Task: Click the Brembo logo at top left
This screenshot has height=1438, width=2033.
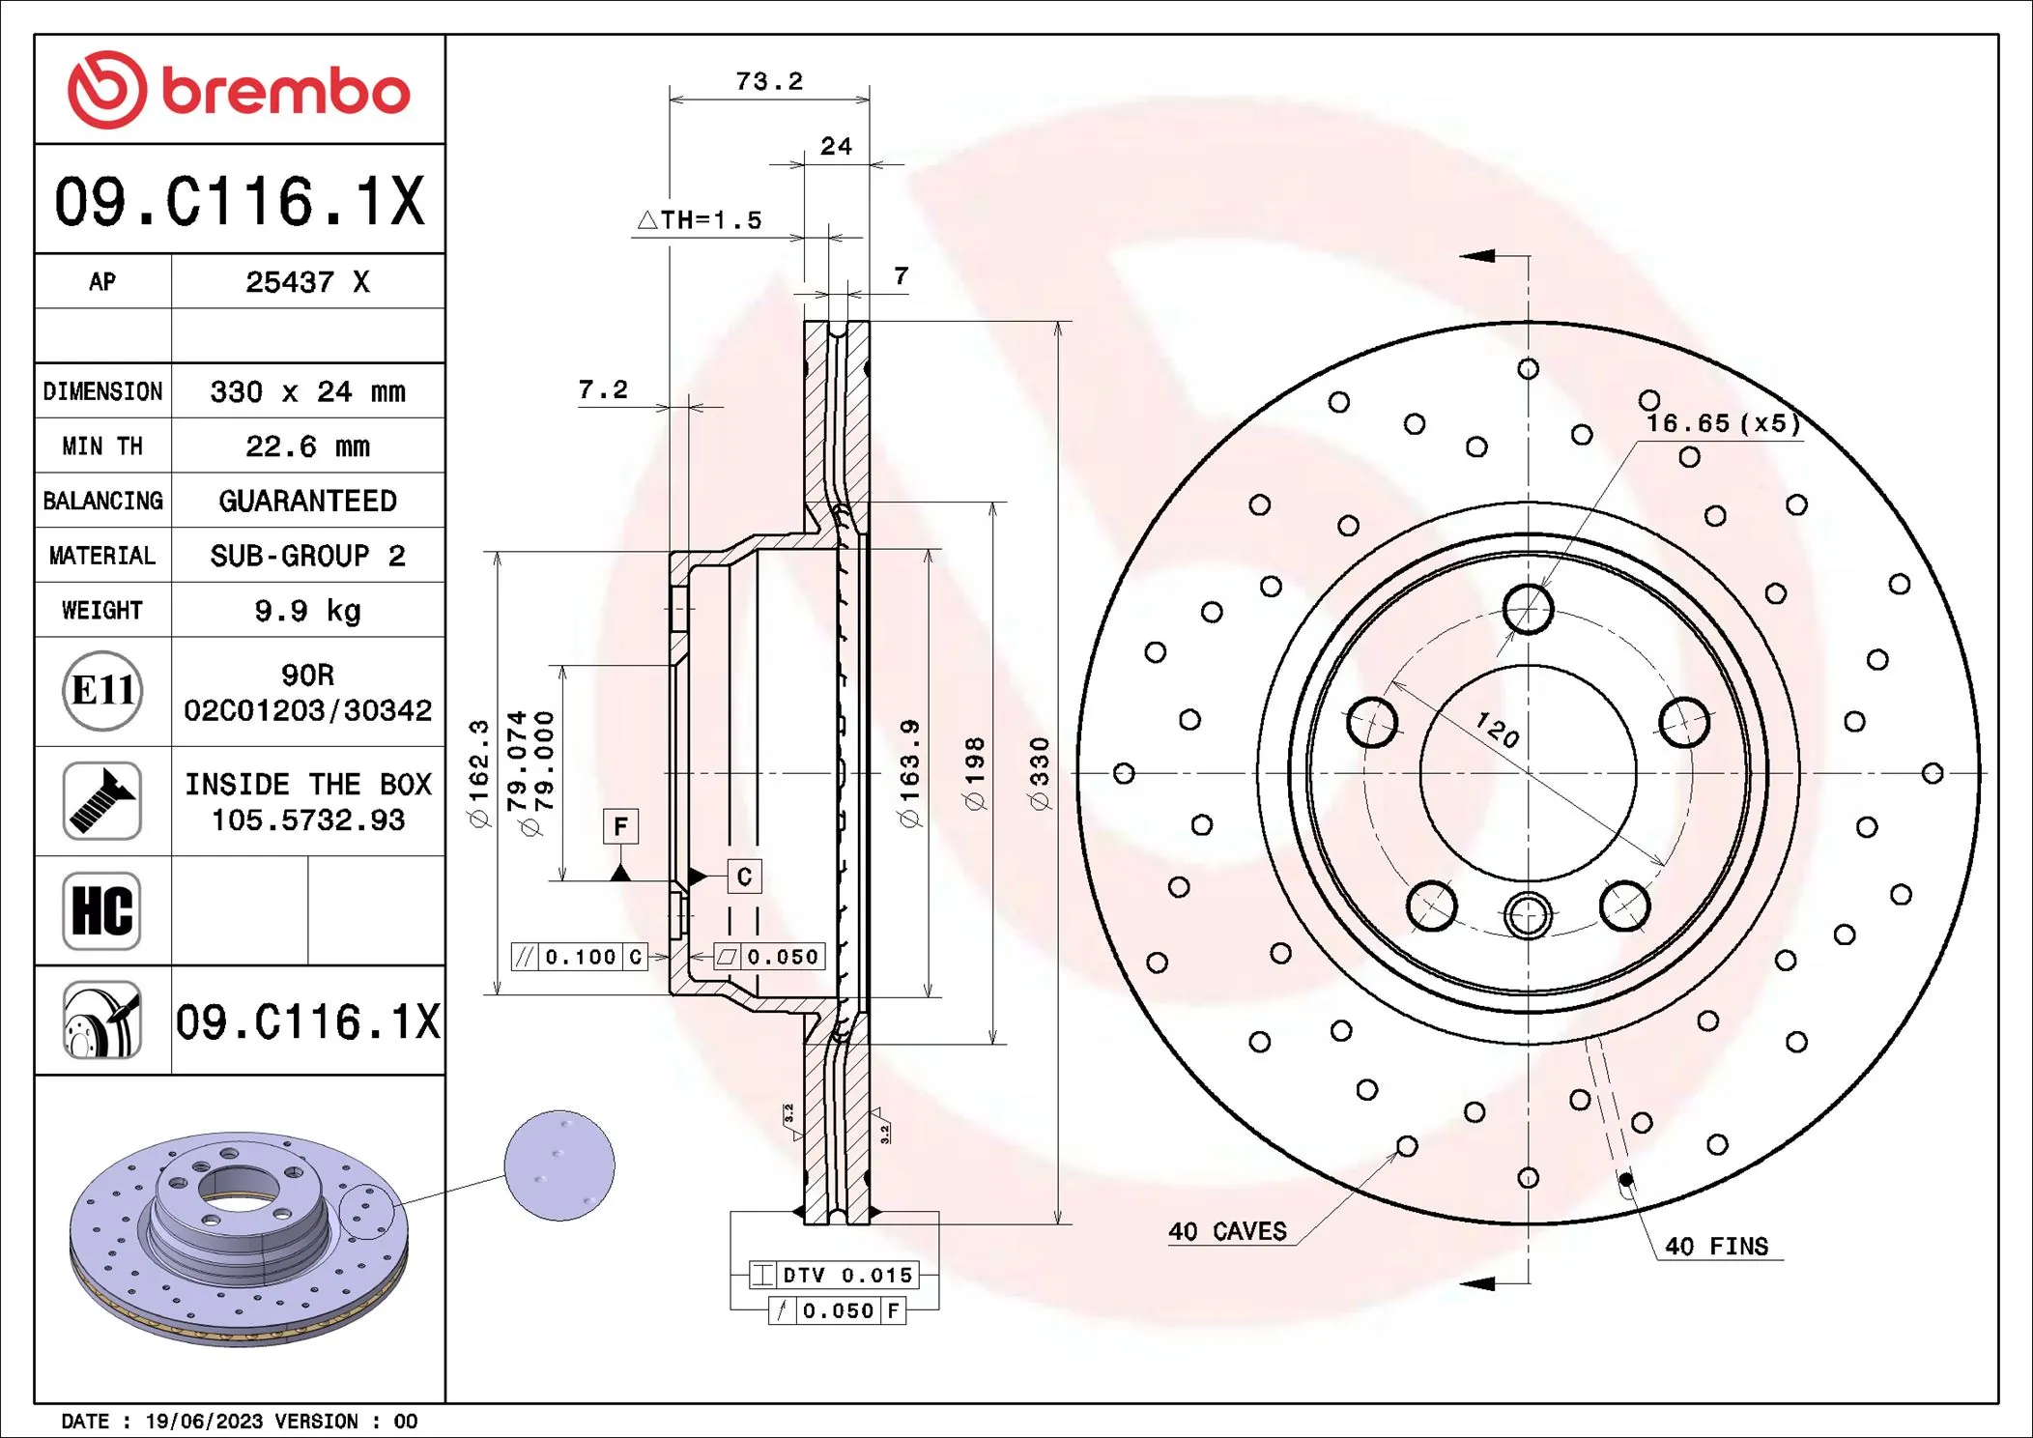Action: (x=239, y=90)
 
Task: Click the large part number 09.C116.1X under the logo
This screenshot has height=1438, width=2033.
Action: (x=239, y=201)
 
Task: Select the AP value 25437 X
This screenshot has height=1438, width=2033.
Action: (x=307, y=282)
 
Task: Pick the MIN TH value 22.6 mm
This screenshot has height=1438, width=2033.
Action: (x=307, y=446)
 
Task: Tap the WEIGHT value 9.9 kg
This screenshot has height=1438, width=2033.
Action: (x=307, y=611)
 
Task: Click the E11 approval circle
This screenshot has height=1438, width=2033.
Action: (x=102, y=691)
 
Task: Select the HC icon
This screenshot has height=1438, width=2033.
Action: (x=102, y=910)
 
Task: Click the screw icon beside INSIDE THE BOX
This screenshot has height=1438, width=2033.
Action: (x=102, y=800)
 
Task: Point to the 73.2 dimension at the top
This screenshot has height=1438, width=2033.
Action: (x=769, y=81)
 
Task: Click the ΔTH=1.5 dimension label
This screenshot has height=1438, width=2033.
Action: (x=700, y=220)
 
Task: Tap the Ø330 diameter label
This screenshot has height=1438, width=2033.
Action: (x=1039, y=773)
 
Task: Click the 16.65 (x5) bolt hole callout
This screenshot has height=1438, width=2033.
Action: (x=1723, y=423)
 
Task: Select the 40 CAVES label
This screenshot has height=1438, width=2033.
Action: (x=1227, y=1231)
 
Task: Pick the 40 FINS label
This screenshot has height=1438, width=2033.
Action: (x=1716, y=1247)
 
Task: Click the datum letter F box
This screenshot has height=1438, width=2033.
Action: (x=620, y=826)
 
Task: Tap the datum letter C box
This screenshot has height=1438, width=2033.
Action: (x=744, y=877)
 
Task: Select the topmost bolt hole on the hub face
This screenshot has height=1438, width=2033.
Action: (x=1529, y=609)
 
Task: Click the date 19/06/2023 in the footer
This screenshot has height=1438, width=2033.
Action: (x=204, y=1422)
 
